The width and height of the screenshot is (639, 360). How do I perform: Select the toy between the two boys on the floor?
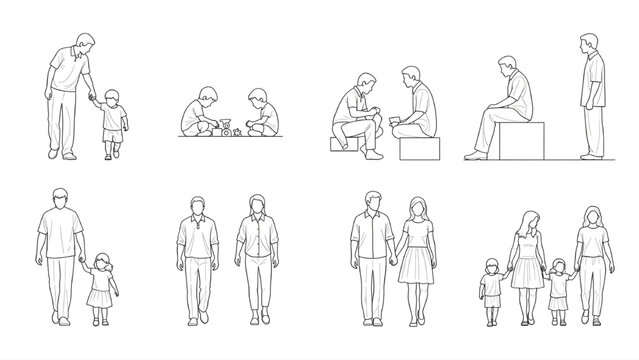[226, 128]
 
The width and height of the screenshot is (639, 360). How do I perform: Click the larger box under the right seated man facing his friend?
[418, 148]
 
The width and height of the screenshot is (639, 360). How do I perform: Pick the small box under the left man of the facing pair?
[344, 145]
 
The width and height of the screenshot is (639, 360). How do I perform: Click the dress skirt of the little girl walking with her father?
[99, 297]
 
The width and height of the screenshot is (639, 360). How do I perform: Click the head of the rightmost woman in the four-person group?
[591, 214]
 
